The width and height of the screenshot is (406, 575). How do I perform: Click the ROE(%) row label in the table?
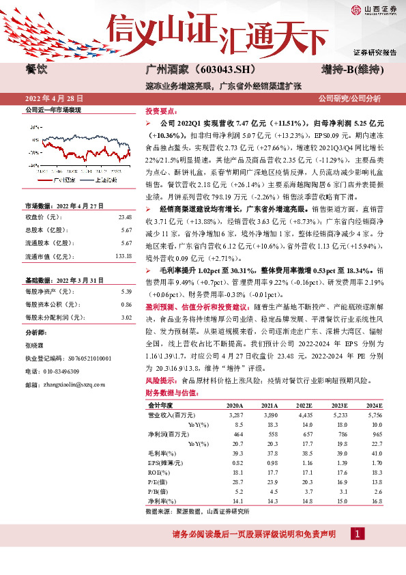pos(158,472)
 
